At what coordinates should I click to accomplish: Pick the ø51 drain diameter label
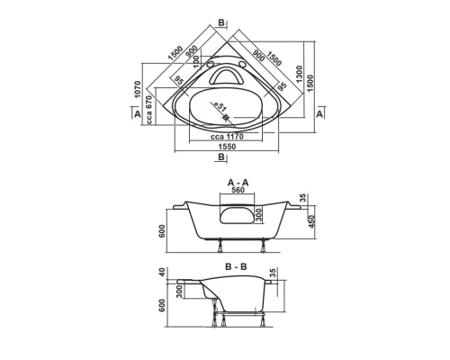coord(220,107)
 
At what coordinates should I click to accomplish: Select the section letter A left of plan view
coord(135,114)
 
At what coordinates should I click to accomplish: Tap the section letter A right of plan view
coord(319,114)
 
